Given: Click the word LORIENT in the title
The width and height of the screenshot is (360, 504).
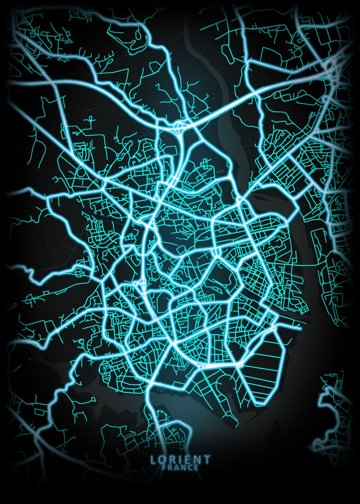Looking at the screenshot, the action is tap(181, 459).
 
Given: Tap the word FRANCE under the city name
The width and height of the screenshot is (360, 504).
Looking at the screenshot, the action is tap(181, 467).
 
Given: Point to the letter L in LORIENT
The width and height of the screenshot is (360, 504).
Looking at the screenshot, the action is tap(153, 459).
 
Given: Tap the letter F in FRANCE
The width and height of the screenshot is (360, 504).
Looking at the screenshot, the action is tap(164, 467).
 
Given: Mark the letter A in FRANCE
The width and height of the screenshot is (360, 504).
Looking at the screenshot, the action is tap(177, 467).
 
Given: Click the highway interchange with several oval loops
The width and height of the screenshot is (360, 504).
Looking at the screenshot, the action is tap(334, 69).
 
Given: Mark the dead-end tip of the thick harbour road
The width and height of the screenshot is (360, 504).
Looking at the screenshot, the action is tap(300, 329).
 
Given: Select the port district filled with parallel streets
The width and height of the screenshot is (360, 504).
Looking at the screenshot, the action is tap(260, 361).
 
